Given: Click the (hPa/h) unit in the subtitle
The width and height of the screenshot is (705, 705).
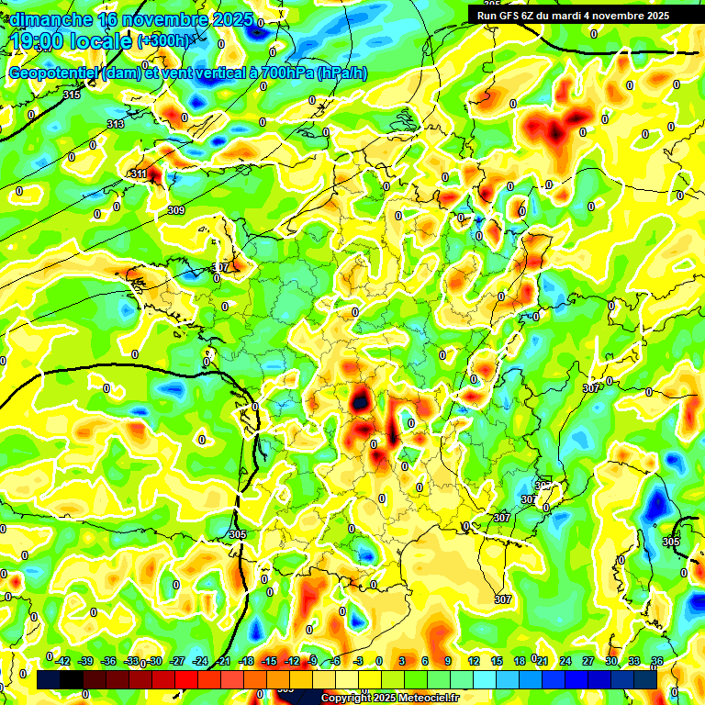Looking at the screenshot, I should [341, 73].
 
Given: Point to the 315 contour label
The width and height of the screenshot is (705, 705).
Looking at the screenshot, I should [73, 95].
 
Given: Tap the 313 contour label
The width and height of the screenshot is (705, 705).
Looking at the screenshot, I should [116, 124].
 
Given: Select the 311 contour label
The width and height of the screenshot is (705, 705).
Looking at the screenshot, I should [139, 173].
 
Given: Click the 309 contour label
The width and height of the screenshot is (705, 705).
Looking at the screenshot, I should [177, 210].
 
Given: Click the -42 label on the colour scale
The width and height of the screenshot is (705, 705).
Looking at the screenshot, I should [62, 661].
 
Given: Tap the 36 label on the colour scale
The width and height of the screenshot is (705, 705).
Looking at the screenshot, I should [657, 661].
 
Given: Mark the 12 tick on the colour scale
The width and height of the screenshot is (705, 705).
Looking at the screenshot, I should [473, 661].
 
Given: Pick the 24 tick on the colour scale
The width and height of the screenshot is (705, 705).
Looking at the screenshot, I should [565, 661].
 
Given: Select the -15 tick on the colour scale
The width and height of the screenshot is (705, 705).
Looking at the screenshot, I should [269, 661].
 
